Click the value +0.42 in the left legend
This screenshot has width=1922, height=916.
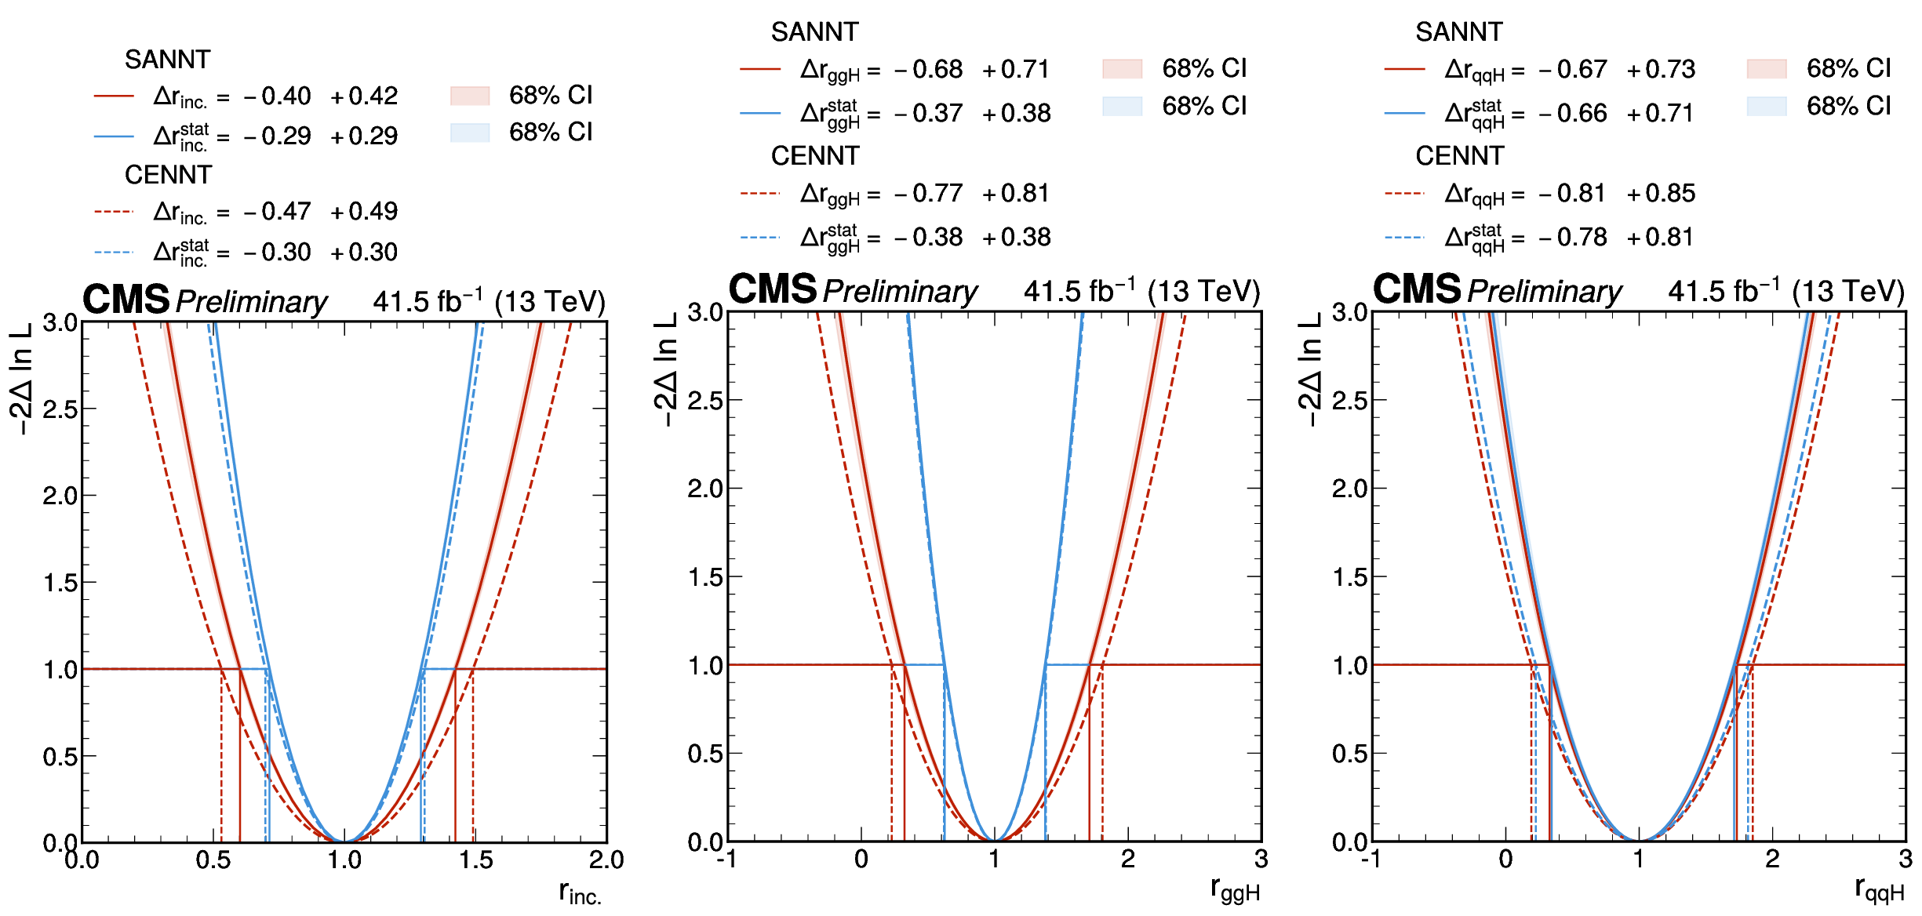coord(364,96)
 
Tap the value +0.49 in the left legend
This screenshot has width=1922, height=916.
coord(364,212)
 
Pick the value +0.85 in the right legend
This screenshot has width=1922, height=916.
coord(1661,194)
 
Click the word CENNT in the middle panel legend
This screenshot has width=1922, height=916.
coord(815,156)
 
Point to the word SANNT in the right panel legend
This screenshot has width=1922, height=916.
coord(1458,32)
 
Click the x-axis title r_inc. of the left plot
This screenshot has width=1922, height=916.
coord(580,892)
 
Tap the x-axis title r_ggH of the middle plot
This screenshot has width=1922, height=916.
coord(1235,889)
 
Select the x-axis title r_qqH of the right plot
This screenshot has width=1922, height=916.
coord(1879,889)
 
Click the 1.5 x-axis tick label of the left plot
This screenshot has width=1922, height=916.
coord(476,860)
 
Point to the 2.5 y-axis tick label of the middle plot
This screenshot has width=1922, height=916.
coord(704,401)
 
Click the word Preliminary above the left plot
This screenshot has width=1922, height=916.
coord(251,302)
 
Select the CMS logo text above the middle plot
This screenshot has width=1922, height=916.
coord(773,289)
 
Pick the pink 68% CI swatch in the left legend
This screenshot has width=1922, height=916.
coord(470,96)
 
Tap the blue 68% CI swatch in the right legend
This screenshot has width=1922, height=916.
coord(1766,106)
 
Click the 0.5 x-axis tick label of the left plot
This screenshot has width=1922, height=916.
coord(213,860)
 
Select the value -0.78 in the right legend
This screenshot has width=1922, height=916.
coord(1573,238)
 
